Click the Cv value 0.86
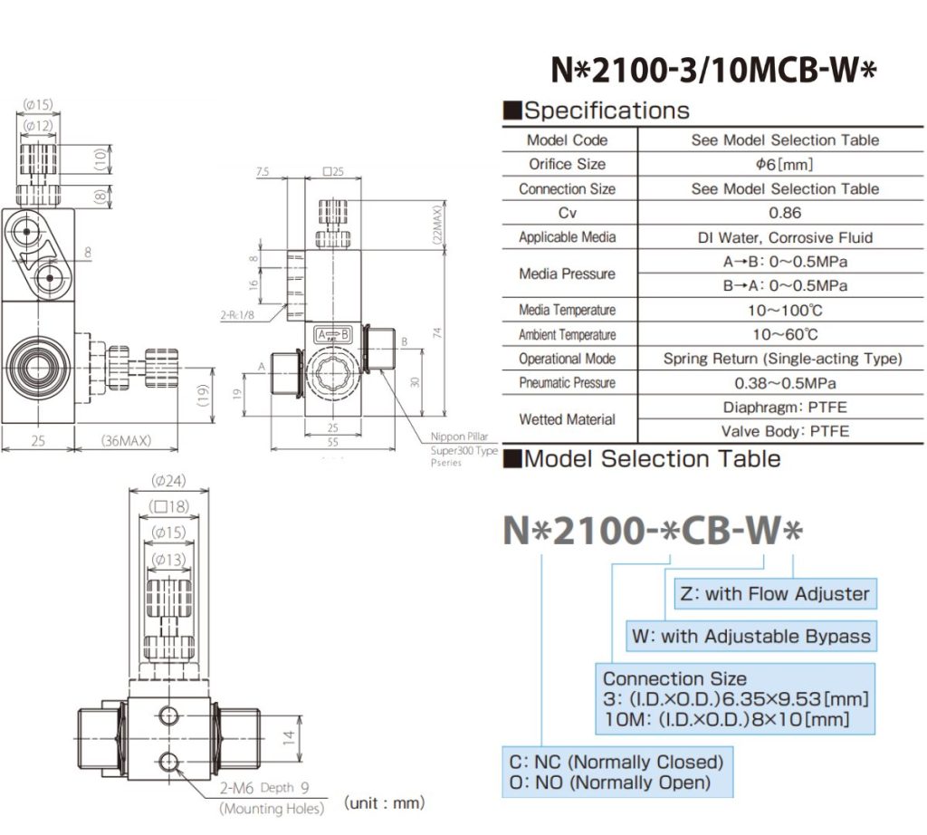coord(784,213)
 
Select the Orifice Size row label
coord(567,164)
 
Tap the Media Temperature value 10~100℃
coord(784,310)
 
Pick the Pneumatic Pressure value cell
coord(784,383)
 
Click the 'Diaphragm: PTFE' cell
coord(784,408)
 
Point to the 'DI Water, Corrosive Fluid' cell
coord(784,237)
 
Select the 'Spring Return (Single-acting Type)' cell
coord(784,359)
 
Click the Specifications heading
coord(597,110)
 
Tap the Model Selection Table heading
coord(642,458)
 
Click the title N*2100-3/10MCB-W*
coord(714,70)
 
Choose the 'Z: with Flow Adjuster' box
coord(773,594)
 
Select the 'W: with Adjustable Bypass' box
coord(751,636)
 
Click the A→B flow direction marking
coord(331,334)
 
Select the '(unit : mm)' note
coord(384,802)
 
